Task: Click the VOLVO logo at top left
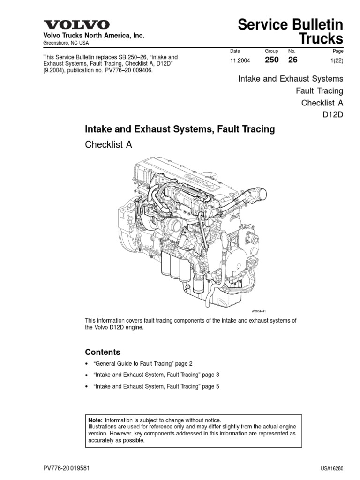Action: point(77,25)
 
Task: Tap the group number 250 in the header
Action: point(272,60)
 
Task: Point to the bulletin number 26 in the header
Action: point(292,60)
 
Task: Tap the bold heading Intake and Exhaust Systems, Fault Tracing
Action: point(179,128)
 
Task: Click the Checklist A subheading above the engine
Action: point(108,145)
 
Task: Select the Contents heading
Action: point(102,352)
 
